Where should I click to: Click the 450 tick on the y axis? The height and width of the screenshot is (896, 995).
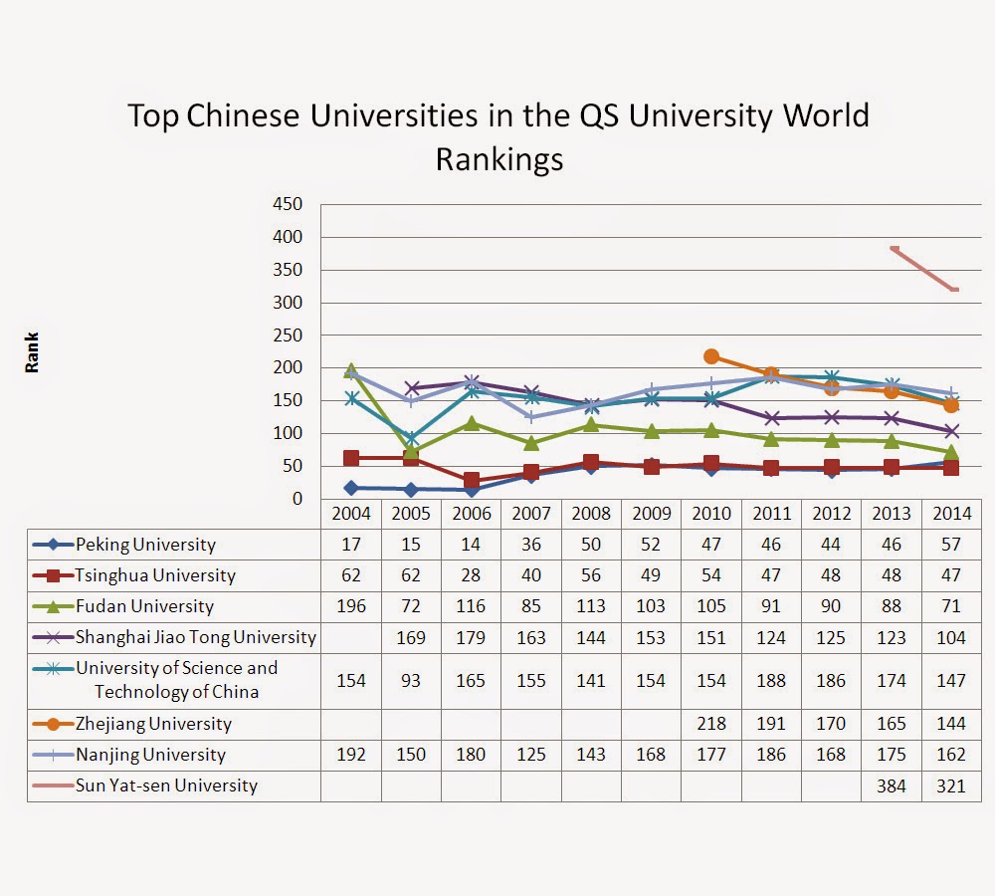(x=288, y=204)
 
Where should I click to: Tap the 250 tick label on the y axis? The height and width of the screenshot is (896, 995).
(x=288, y=336)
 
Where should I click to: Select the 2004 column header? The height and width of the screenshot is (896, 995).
(x=351, y=514)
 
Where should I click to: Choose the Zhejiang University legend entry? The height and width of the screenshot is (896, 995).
(x=153, y=724)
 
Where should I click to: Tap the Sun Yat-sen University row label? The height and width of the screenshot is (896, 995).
(x=166, y=785)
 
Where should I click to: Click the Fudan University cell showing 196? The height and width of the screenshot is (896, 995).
(x=351, y=606)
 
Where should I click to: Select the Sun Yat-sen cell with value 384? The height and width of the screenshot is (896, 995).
(x=891, y=785)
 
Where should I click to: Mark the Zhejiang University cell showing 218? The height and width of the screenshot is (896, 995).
(x=710, y=724)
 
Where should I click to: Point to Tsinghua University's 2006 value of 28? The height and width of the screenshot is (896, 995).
(x=471, y=575)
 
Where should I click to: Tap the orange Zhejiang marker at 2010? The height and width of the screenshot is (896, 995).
(x=710, y=356)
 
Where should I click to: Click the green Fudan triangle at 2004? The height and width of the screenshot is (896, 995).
(x=351, y=370)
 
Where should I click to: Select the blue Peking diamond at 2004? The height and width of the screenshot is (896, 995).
(x=351, y=488)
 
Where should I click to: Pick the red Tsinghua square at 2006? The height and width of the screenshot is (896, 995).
(x=471, y=481)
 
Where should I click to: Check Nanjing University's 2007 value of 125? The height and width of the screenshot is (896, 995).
(x=531, y=755)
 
